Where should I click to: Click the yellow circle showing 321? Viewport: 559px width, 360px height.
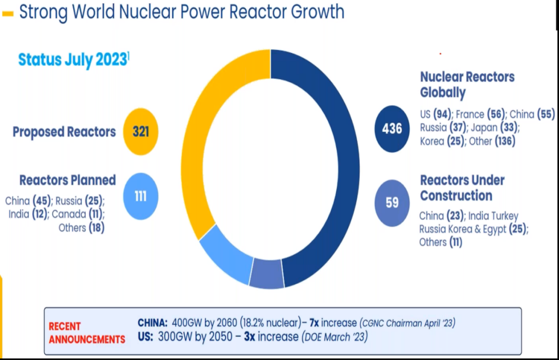tap(140, 132)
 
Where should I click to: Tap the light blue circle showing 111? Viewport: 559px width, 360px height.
tap(140, 196)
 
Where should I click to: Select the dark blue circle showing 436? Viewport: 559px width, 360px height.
tap(392, 128)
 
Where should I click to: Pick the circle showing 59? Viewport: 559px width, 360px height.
tap(392, 203)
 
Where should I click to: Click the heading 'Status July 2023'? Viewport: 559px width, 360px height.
tap(72, 60)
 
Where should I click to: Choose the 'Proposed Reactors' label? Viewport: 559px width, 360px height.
tap(64, 132)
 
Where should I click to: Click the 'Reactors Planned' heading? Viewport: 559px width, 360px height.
tap(67, 180)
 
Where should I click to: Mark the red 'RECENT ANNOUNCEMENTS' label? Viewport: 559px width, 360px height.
tap(86, 333)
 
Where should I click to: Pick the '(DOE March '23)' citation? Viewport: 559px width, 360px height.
tap(334, 337)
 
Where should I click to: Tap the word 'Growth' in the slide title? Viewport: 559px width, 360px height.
tap(318, 11)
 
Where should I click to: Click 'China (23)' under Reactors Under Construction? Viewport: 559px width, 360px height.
tap(440, 215)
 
